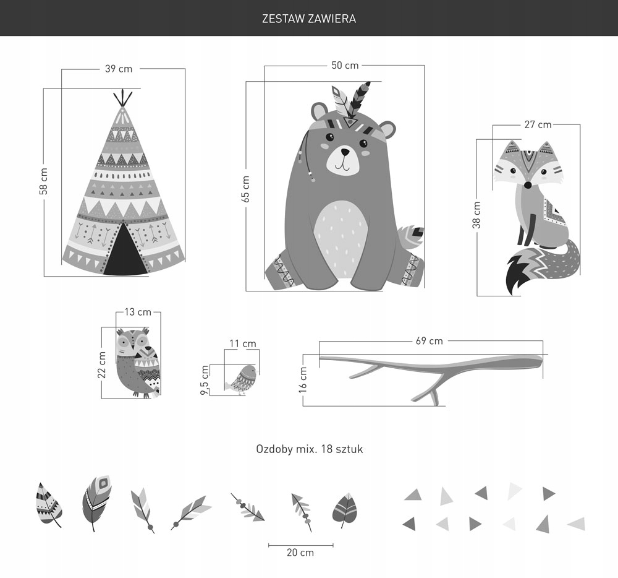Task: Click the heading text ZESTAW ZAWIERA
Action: click(x=309, y=19)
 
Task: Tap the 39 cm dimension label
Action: click(x=119, y=69)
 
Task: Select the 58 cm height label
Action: click(x=43, y=181)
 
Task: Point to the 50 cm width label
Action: click(x=345, y=66)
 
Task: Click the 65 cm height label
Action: click(x=245, y=189)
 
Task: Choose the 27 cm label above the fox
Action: click(x=538, y=124)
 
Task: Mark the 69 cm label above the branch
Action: click(x=430, y=341)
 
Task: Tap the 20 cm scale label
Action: click(x=300, y=553)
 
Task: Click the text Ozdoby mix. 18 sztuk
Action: click(x=310, y=449)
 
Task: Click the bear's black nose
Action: click(x=345, y=152)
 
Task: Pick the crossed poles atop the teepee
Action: click(x=122, y=98)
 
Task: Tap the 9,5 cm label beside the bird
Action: click(x=205, y=379)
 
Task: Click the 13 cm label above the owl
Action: click(x=138, y=312)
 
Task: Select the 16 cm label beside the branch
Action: click(x=303, y=380)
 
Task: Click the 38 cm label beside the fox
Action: click(x=476, y=215)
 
